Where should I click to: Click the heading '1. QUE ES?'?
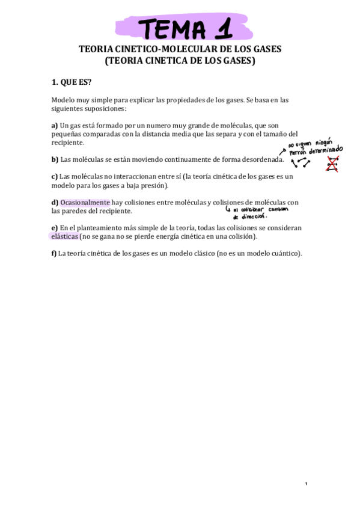pyautogui.click(x=72, y=82)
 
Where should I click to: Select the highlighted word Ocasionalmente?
pyautogui.click(x=85, y=203)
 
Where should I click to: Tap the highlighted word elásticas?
pyautogui.click(x=65, y=237)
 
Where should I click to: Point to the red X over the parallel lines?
pyautogui.click(x=332, y=164)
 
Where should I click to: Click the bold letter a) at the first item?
pyautogui.click(x=55, y=124)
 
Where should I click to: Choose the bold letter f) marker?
pyautogui.click(x=54, y=253)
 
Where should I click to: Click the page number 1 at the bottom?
pyautogui.click(x=306, y=484)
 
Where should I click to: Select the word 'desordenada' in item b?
pyautogui.click(x=260, y=159)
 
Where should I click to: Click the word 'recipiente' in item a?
pyautogui.click(x=67, y=143)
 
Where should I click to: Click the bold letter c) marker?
pyautogui.click(x=54, y=176)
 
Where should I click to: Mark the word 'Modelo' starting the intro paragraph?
pyautogui.click(x=63, y=100)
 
